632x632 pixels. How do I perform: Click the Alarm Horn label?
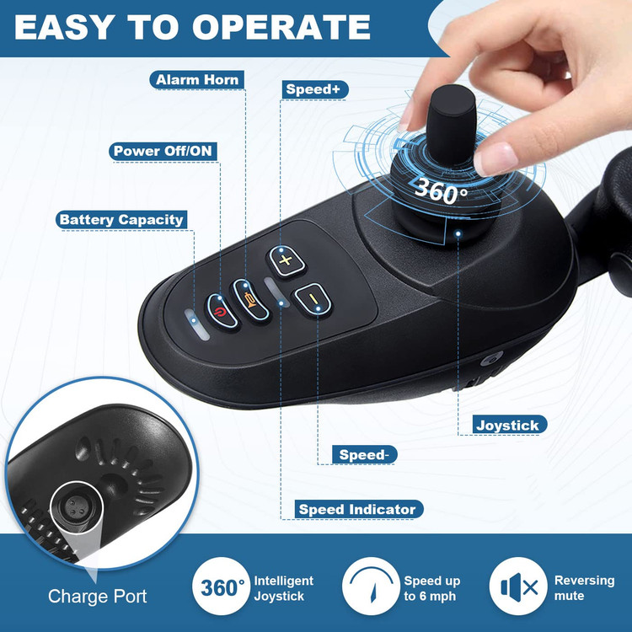coord(197,80)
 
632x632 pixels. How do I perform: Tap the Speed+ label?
coord(315,89)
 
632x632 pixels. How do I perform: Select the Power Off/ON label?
coord(163,151)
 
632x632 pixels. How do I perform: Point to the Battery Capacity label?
coord(121,220)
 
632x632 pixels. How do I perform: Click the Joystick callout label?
coord(510,425)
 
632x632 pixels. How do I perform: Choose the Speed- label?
coord(364,455)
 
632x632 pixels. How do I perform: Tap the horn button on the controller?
coord(251,300)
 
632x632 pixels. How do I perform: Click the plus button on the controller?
coord(286,260)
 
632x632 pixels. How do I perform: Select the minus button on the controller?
coord(312,298)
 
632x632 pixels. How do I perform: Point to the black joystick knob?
coord(452,123)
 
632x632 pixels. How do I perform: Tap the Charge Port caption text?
coord(97,596)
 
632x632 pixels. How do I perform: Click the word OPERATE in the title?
coord(281,28)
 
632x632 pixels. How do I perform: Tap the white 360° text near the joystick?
coord(441,190)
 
